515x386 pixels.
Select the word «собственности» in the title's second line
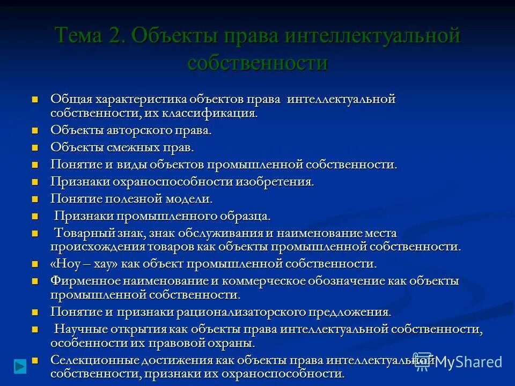click(x=257, y=63)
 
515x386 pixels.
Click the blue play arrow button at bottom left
click(x=20, y=366)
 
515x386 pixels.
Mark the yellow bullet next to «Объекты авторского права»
click(x=35, y=131)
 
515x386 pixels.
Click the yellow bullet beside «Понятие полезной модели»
click(x=35, y=199)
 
